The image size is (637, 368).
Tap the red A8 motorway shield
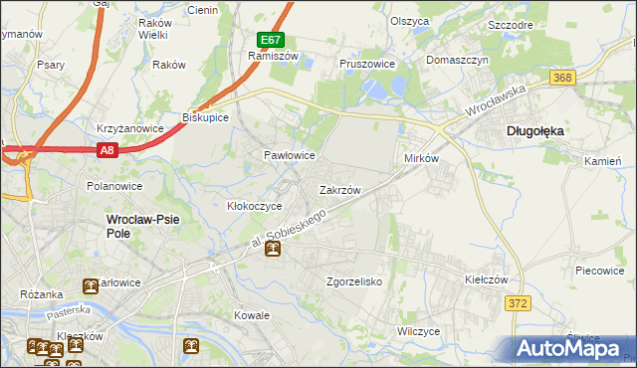tap(108, 150)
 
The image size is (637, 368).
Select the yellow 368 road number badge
tap(563, 78)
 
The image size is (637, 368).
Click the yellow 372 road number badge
tap(516, 304)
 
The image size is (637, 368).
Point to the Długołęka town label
tap(534, 129)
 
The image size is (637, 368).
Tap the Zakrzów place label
tap(338, 189)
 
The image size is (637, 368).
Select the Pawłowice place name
tap(289, 156)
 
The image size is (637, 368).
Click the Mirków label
tap(420, 159)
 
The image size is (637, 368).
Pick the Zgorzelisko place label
tap(354, 281)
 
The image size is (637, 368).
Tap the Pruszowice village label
tap(367, 63)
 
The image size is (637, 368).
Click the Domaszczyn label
tap(458, 60)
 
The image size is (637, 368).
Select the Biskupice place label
tap(206, 117)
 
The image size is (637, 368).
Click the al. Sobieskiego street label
tap(287, 230)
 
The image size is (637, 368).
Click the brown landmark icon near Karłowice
tap(90, 286)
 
